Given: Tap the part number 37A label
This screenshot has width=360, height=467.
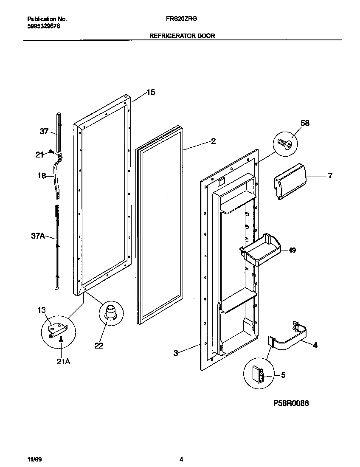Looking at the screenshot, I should click(38, 236).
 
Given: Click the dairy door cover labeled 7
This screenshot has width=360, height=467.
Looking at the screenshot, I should click(290, 180).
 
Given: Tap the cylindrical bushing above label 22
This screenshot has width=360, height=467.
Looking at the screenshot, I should click(110, 312).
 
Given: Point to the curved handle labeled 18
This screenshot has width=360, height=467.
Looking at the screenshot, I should click(56, 175).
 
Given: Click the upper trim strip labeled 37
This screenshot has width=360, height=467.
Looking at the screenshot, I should click(58, 132).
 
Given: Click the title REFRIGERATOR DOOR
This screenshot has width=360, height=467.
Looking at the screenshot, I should click(182, 36).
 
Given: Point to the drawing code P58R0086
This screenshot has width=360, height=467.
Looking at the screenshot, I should click(291, 403).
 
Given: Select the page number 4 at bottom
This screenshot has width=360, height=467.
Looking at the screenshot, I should click(181, 459).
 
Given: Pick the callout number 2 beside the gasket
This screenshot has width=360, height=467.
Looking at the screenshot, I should click(213, 141).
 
